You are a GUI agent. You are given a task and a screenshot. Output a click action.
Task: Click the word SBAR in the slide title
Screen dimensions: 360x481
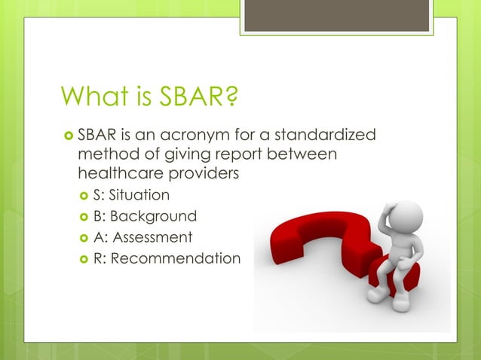(x=196, y=97)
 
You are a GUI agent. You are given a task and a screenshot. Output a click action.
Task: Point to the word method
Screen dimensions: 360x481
(x=108, y=155)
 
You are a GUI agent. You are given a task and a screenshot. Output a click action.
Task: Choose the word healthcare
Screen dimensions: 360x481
(x=121, y=174)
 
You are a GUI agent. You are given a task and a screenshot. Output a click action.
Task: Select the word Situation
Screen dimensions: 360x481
(x=139, y=195)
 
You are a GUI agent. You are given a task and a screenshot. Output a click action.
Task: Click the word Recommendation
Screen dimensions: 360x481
(x=176, y=258)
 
